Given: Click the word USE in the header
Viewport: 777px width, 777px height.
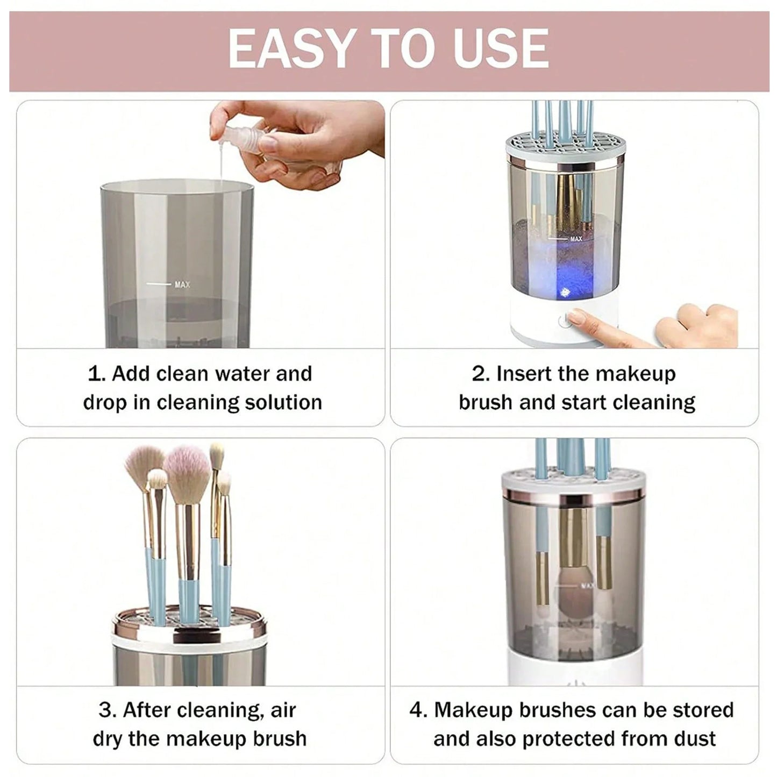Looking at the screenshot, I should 500,49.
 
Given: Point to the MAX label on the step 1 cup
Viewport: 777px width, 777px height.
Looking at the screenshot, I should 182,284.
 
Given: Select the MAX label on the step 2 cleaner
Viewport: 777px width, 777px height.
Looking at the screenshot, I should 576,239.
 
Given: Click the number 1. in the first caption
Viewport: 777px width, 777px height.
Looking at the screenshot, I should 96,374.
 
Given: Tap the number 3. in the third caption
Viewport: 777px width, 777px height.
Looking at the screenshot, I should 107,710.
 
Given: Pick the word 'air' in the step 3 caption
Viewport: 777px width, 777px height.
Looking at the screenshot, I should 283,710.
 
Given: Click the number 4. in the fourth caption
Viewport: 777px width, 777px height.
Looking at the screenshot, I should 418,710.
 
